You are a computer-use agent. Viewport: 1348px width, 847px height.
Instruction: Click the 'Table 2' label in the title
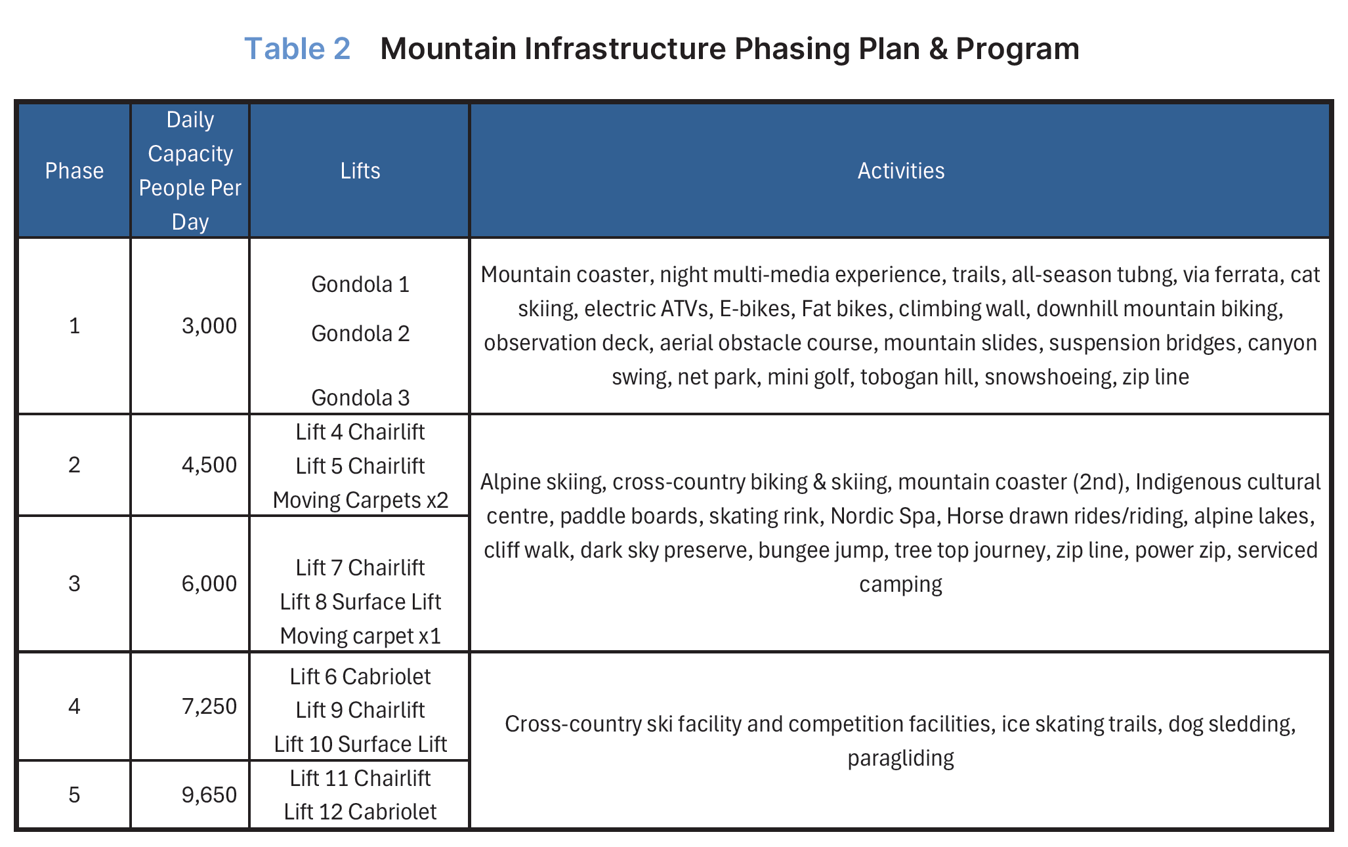tap(297, 49)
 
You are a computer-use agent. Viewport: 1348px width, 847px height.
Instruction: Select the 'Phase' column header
tap(74, 171)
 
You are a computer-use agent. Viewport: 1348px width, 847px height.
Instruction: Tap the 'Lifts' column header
tap(360, 171)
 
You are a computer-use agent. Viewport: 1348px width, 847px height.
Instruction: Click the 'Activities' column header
tap(900, 171)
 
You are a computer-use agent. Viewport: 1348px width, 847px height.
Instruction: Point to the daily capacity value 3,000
tap(209, 326)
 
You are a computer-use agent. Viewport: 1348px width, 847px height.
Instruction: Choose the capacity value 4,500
tap(209, 465)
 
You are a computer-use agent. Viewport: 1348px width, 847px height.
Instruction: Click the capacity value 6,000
tap(209, 584)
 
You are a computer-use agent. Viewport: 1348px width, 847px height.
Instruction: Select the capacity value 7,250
tap(209, 707)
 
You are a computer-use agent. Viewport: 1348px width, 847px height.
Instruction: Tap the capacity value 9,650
tap(209, 795)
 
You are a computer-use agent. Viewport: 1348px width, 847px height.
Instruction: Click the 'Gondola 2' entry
tap(360, 334)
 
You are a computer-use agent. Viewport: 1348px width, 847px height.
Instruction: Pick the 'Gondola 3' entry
tap(360, 398)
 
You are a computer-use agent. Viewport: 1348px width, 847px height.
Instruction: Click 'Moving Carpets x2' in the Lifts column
tap(360, 501)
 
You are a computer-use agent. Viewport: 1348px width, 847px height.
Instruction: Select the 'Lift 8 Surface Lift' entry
tap(360, 602)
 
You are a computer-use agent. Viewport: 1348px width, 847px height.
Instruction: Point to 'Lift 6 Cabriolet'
tap(360, 677)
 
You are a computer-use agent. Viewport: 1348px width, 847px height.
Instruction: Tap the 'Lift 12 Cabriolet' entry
tap(360, 812)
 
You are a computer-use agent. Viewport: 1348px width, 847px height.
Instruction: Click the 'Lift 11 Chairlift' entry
tap(360, 779)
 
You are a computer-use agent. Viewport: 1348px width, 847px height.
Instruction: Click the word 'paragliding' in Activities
tap(900, 758)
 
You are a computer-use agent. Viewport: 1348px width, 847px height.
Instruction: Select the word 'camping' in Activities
tap(900, 585)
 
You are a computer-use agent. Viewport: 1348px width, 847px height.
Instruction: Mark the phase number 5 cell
tap(74, 795)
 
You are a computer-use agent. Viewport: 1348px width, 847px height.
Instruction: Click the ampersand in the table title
tap(938, 49)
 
